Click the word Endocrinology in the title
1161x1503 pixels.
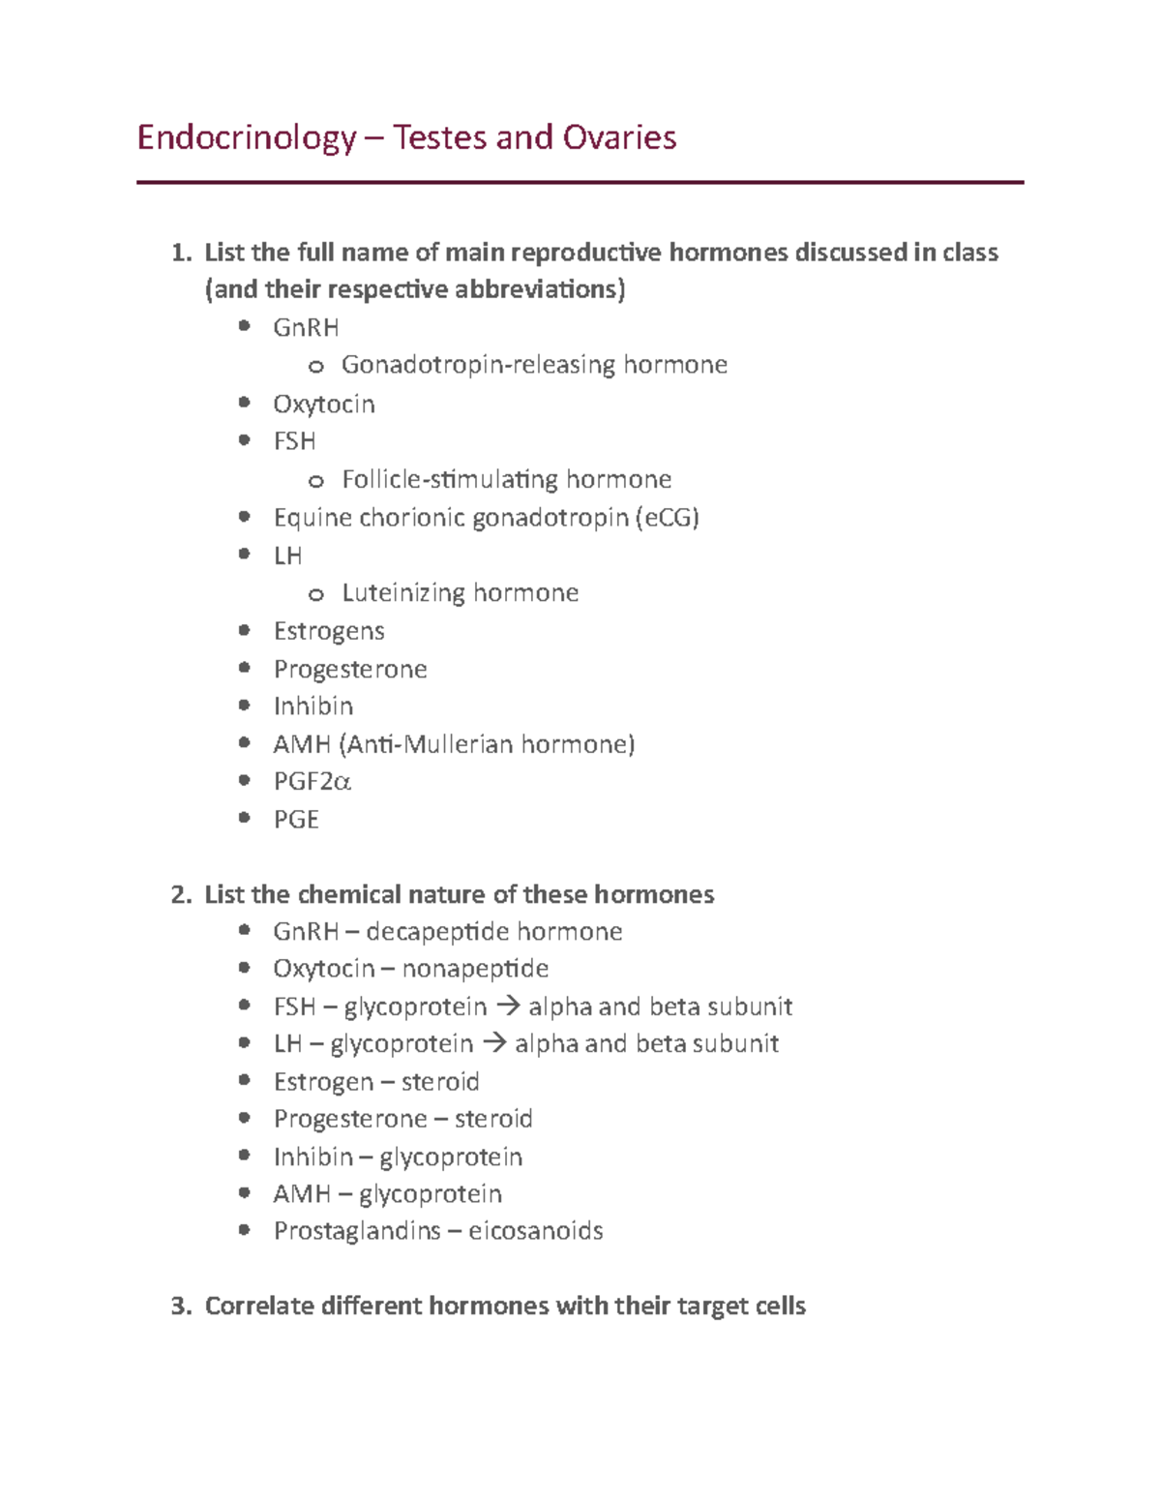coord(247,138)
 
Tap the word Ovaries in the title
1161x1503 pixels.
coord(620,138)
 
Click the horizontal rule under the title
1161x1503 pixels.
coord(580,182)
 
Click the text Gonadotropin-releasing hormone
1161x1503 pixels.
coord(534,365)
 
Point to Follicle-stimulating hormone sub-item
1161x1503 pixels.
coord(506,479)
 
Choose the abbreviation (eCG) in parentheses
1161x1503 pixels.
coord(668,518)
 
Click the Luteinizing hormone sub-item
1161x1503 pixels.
coord(460,592)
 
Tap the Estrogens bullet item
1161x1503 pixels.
coord(329,631)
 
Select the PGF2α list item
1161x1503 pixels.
coord(312,781)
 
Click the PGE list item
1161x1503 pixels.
coord(296,820)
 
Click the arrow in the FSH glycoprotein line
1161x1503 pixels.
coord(507,1007)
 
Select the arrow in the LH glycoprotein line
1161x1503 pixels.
coord(493,1043)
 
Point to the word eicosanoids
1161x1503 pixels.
coord(536,1231)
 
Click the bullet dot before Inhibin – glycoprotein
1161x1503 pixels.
coord(245,1156)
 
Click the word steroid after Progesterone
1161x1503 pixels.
coord(493,1119)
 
